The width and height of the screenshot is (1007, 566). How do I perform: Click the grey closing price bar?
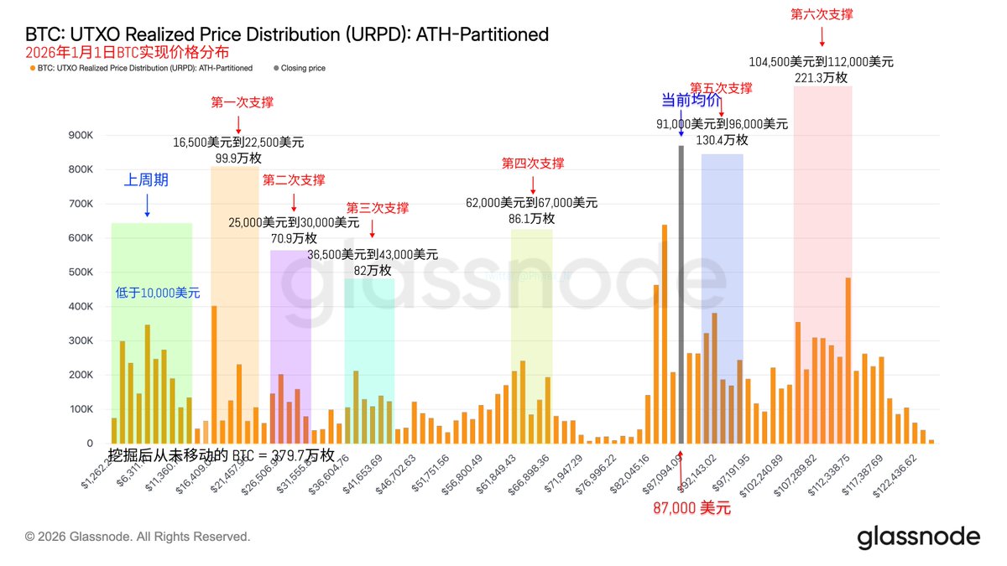pos(681,293)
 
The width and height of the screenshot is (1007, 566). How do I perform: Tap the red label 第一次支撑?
pos(242,102)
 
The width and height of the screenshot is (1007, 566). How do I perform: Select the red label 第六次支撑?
pos(822,14)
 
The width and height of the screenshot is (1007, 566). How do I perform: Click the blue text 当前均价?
pos(690,101)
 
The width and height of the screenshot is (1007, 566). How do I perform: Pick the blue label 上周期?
pos(147,179)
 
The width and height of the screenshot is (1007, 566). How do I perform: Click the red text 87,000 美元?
pos(692,508)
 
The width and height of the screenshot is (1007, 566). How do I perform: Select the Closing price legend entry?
pos(303,68)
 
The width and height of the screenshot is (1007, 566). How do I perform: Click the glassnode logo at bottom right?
pos(918,537)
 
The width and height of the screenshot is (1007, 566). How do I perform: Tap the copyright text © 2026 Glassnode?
pos(138,536)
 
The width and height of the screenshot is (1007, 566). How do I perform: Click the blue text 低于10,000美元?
pos(158,293)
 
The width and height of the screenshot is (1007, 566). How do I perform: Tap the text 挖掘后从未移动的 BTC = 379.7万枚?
pos(222,455)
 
